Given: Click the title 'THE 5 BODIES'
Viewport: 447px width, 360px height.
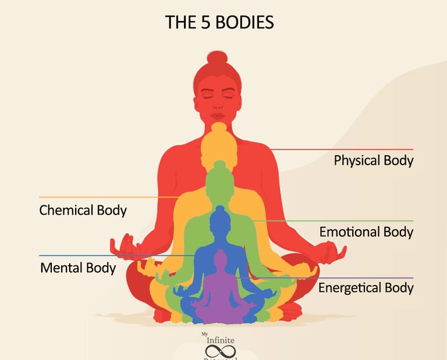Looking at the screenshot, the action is coord(219,22).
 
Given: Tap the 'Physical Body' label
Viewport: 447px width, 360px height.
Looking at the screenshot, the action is coord(373,161).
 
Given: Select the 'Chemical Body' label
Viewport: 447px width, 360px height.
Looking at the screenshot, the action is coord(83,210).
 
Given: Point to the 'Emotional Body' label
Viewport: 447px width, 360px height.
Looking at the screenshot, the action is coord(366,232).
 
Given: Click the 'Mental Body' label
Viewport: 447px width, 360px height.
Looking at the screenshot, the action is coord(78,268).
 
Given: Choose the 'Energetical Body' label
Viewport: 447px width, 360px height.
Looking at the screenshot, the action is coord(366,288).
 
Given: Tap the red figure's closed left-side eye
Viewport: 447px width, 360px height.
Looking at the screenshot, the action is coord(207,93).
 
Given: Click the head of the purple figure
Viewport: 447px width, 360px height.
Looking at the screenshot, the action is coord(220,258).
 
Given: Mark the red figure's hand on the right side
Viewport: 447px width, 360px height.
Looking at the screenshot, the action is coord(329,252).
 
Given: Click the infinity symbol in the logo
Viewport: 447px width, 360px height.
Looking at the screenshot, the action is coord(219,350).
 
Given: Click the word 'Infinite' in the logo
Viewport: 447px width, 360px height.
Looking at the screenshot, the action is coord(219,340).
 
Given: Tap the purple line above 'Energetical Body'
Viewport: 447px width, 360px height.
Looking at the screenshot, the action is coord(349,278).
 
